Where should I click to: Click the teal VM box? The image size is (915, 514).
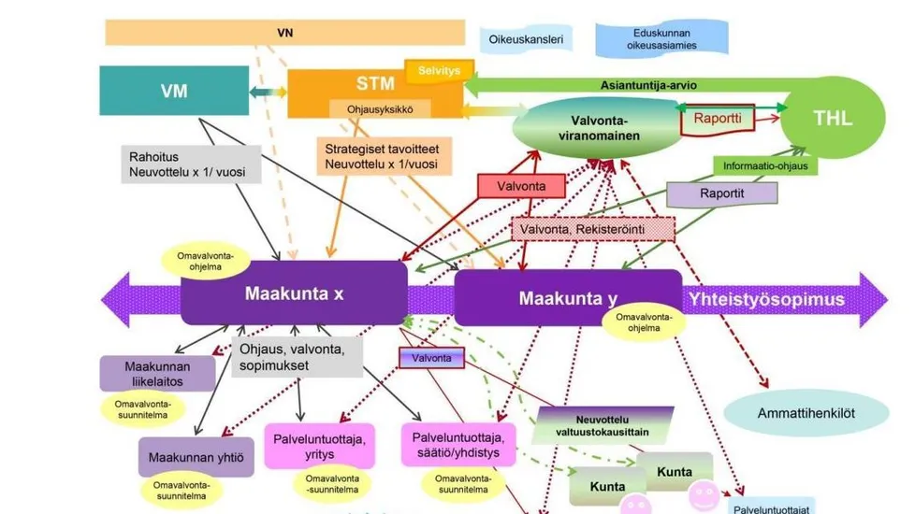174,91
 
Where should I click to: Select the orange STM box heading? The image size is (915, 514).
375,83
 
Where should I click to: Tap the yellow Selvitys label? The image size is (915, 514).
439,70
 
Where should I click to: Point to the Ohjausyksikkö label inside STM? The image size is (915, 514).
380,109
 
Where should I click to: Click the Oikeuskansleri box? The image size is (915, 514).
526,39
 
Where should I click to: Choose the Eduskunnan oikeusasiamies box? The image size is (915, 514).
661,39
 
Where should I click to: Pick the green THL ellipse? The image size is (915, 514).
833,119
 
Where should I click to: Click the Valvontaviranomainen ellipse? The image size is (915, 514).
599,128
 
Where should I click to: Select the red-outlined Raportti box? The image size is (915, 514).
718,120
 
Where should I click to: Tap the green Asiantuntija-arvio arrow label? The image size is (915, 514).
648,85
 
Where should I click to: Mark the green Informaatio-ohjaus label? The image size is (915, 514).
765,165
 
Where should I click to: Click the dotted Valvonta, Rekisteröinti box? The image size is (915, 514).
593,229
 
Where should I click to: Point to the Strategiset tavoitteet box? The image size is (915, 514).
384,156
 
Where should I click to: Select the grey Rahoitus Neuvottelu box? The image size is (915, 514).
191,164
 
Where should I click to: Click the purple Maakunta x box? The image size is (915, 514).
294,293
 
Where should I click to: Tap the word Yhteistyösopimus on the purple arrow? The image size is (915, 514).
766,300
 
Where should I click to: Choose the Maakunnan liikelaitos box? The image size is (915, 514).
157,374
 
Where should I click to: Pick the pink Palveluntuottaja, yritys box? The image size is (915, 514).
319,446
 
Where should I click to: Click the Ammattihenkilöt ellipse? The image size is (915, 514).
806,413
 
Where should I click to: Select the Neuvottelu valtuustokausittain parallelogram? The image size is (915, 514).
603,426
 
